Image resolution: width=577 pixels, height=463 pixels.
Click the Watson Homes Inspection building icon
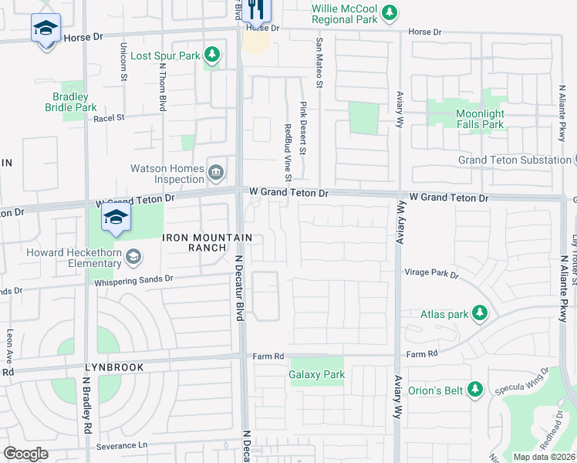coord(216,171)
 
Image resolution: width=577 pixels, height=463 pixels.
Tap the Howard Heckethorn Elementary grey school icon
coord(133,256)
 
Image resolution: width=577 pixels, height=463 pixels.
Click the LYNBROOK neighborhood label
coord(114,367)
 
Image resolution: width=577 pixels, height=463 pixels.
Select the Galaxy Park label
coord(316,375)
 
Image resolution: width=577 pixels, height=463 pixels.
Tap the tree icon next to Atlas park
coord(480,313)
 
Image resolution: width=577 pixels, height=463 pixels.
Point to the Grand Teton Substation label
coord(514,160)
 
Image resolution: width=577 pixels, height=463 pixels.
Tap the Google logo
coord(25,453)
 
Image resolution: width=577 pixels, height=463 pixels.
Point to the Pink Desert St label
coord(303,128)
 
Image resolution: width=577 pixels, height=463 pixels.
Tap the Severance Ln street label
coord(122,446)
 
